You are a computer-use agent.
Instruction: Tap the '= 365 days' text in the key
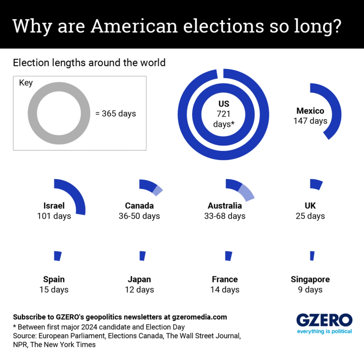(x=116, y=114)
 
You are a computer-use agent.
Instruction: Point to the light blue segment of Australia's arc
(x=246, y=193)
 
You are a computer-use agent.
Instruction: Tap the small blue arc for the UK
(x=316, y=184)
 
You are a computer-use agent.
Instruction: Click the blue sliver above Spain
(x=57, y=256)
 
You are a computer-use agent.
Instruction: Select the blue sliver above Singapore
(x=312, y=255)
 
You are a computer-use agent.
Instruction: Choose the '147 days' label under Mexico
(x=310, y=121)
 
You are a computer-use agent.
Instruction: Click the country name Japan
(x=139, y=279)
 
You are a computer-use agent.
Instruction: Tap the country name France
(x=225, y=279)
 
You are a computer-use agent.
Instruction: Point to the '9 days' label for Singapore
(x=310, y=290)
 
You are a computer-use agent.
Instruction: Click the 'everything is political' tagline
(x=324, y=331)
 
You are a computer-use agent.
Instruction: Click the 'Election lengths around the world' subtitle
(x=89, y=63)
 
